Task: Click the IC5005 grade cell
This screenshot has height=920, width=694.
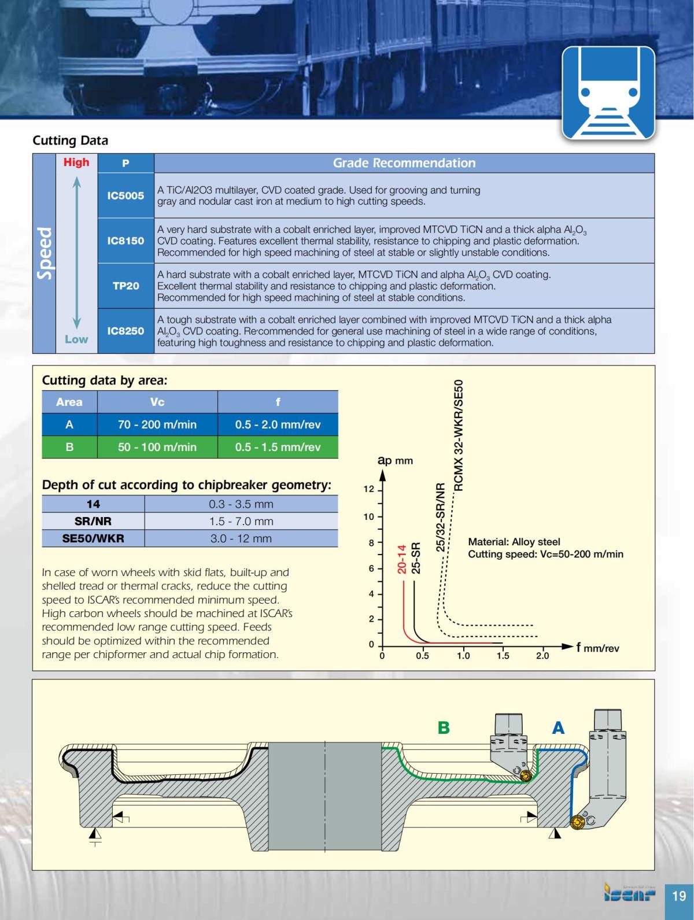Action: coord(125,195)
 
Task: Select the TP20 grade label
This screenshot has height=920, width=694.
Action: coord(125,286)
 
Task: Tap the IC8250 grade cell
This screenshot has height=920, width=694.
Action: coord(125,331)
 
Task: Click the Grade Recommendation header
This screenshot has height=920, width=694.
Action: coord(404,163)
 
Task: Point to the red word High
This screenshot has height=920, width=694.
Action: coord(76,162)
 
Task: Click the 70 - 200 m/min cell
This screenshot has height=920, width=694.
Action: coord(157,424)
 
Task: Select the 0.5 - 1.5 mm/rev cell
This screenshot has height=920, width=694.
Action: coord(278,447)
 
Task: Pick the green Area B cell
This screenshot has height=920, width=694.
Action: coord(69,447)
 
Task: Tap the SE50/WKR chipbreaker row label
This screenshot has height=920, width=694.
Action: coord(93,538)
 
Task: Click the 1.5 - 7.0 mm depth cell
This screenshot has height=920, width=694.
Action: coord(241,521)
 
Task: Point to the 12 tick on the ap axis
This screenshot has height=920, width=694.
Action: coord(369,489)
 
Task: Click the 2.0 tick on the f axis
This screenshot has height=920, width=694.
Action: coord(542,656)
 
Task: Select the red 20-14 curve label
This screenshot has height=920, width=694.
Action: coord(402,559)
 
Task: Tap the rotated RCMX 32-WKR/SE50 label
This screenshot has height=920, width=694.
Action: coord(459,435)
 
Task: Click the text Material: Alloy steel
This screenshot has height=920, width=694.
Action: coord(514,542)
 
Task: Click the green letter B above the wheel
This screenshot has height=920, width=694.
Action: coord(444,727)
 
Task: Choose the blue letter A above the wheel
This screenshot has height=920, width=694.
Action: coord(558,727)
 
